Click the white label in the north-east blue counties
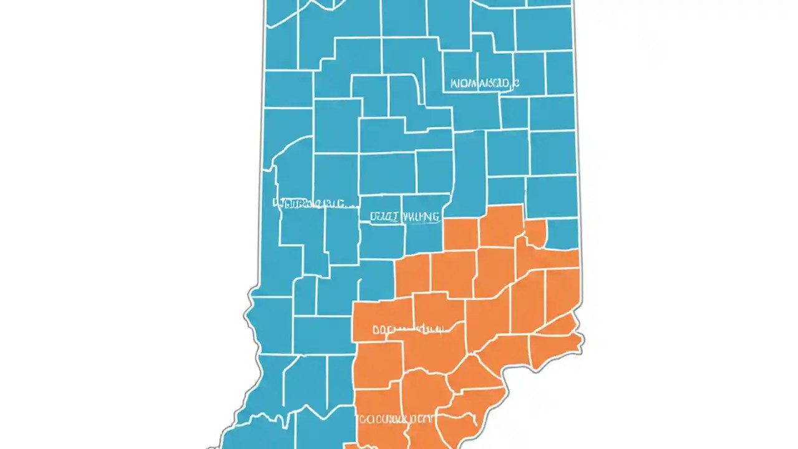484,83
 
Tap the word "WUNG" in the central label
421,217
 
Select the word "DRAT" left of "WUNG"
384,217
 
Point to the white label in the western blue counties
315,203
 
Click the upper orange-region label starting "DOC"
408,329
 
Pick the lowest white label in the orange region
395,418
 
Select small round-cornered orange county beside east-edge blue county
535,233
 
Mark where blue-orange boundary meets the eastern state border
579,249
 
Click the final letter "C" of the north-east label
516,83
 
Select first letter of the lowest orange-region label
361,419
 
